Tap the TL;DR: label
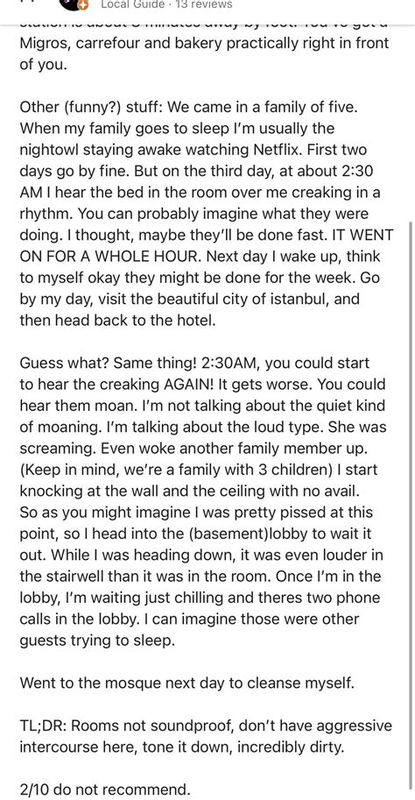(46, 726)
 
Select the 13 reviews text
(202, 4)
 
